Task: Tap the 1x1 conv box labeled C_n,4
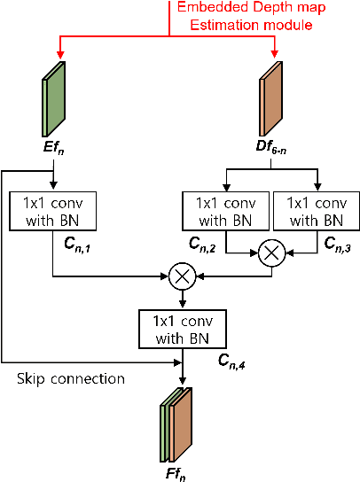pos(182,329)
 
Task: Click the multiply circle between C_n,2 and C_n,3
pos(270,253)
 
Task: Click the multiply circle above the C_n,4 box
pos(182,277)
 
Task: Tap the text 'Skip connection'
pos(71,379)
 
